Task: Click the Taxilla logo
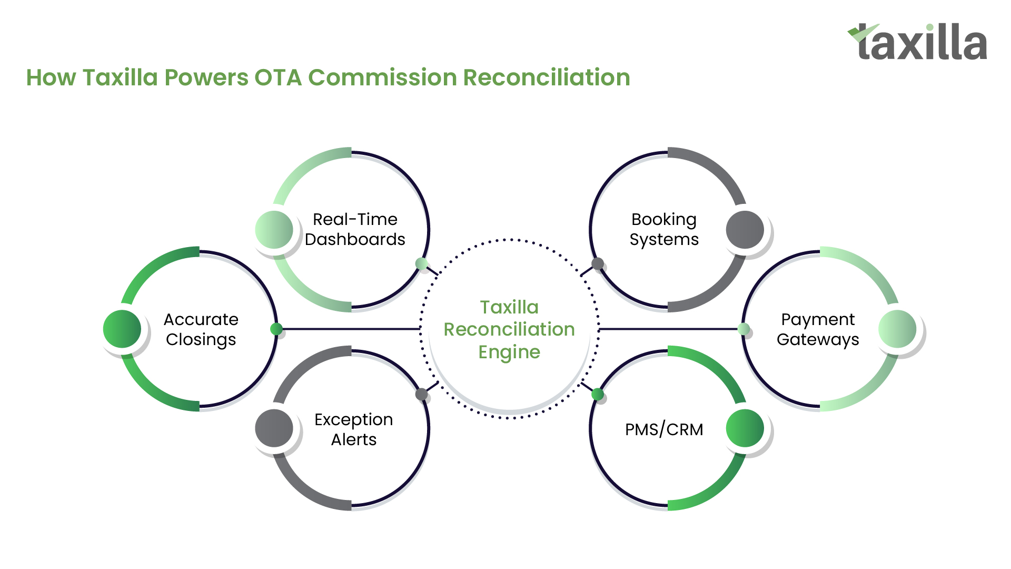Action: coord(917,42)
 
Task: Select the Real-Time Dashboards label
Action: coord(355,229)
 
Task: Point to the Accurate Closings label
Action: coord(201,329)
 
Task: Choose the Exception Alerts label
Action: coord(354,429)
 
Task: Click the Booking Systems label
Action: coord(664,229)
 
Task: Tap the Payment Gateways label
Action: coord(818,329)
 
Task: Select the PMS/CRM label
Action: coord(664,429)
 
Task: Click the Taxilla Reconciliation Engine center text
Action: coord(509,329)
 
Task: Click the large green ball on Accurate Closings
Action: coord(122,329)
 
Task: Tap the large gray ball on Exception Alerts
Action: coord(274,428)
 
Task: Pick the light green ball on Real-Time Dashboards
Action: coord(274,230)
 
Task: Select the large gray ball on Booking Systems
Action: coord(745,230)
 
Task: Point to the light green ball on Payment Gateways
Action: coord(898,329)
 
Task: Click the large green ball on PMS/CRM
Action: coord(745,428)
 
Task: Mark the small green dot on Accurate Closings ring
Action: coord(276,329)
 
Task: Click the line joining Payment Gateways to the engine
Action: coord(668,329)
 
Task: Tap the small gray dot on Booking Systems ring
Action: coord(598,263)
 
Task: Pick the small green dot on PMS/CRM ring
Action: coord(598,394)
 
